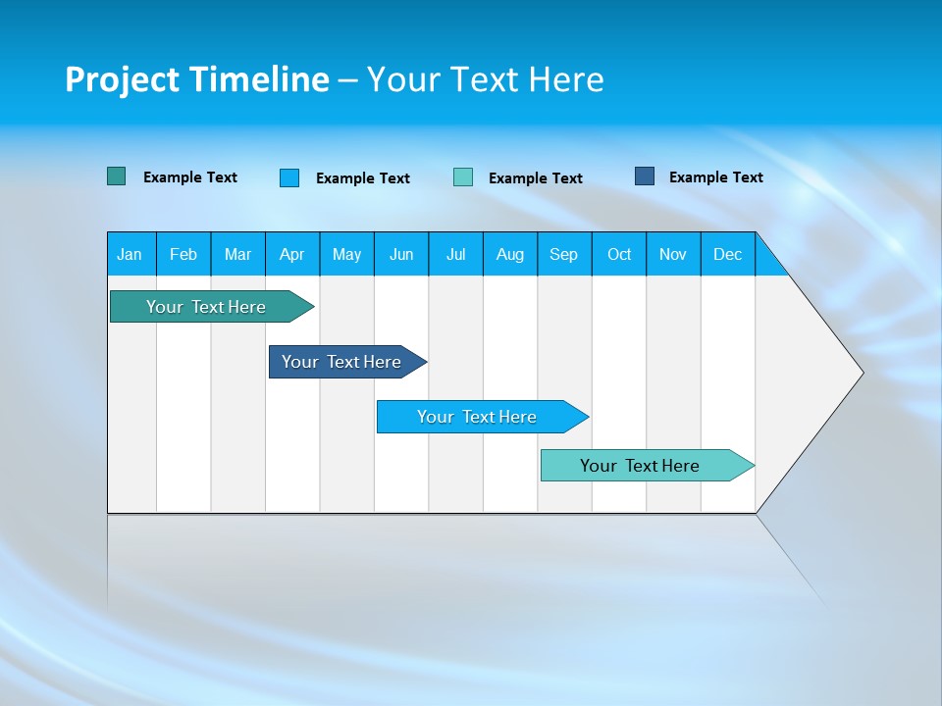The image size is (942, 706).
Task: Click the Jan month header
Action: click(x=131, y=254)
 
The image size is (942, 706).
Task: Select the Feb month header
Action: click(x=183, y=254)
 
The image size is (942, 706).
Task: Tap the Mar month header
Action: click(x=237, y=254)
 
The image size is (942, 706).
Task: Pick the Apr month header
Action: click(x=292, y=254)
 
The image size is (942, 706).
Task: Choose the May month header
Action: click(x=346, y=254)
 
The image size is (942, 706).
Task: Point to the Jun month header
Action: click(x=401, y=254)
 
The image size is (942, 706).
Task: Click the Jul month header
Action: click(x=455, y=254)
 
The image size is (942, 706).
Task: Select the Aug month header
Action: click(x=510, y=254)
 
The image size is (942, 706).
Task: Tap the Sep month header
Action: click(x=564, y=254)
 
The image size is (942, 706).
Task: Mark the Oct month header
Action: click(x=619, y=254)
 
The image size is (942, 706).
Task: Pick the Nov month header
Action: click(x=673, y=254)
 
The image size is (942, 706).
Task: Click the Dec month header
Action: click(x=728, y=254)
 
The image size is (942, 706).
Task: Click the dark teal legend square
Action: click(x=117, y=176)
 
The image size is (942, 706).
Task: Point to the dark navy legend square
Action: click(x=645, y=176)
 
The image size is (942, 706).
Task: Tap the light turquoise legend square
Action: click(x=463, y=177)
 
